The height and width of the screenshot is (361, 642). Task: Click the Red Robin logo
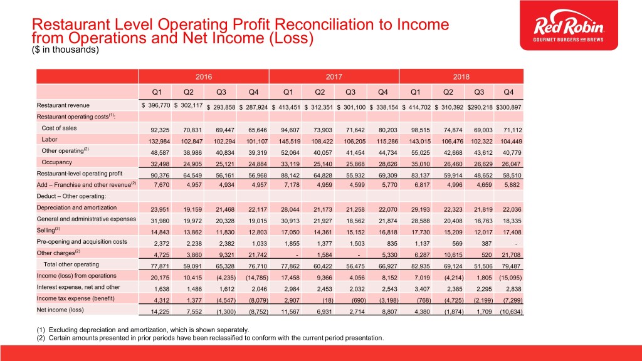point(569,25)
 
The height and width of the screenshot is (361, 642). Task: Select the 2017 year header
point(334,76)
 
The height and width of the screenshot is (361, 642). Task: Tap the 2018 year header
point(461,76)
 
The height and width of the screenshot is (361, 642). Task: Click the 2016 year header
point(204,76)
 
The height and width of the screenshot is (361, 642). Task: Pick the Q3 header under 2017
point(350,92)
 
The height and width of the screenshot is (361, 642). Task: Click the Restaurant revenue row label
point(63,105)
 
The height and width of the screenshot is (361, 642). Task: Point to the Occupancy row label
point(56,162)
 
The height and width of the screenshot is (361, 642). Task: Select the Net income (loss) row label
point(60,310)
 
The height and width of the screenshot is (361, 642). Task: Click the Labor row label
point(50,140)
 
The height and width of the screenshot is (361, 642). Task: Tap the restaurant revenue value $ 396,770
point(155,105)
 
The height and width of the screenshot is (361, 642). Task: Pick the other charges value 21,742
point(258,254)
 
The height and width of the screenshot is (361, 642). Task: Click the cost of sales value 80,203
point(387,130)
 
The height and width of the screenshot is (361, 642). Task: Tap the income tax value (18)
point(327,300)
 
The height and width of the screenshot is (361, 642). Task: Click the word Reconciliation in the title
point(325,25)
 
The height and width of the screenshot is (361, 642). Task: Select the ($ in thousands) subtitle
point(65,50)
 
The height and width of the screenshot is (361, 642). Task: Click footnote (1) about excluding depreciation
point(142,330)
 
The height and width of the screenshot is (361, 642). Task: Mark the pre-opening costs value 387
point(487,243)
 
